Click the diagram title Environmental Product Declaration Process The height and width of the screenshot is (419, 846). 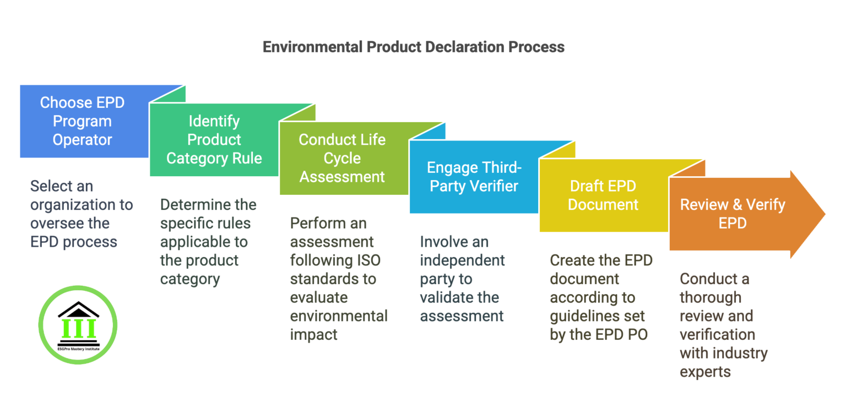coord(413,47)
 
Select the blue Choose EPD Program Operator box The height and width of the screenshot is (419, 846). coord(83,121)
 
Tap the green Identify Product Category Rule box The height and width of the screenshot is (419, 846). coord(214,140)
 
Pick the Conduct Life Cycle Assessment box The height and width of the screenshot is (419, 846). coord(342,159)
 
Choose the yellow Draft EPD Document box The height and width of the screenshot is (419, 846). coord(603,195)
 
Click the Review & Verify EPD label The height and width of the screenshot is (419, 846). coord(732,214)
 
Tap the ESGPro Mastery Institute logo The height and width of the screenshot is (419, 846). coord(78,324)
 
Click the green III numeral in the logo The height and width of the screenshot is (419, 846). coord(79,329)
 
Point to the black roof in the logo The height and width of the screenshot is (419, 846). coord(78,309)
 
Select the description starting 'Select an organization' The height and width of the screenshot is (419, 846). coord(81,214)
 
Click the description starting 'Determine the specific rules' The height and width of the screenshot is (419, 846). coord(208,242)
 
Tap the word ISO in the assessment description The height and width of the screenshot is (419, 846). coord(368,260)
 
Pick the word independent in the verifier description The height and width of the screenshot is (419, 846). coord(454,260)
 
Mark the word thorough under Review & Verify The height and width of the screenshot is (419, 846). coord(710,297)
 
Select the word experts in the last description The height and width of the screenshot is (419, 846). coord(705,372)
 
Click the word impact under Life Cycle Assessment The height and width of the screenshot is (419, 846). coord(313,334)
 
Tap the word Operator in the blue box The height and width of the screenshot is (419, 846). coord(83,140)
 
